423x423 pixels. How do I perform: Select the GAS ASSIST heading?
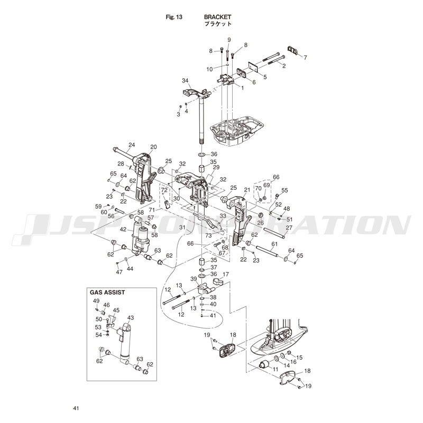click(109, 292)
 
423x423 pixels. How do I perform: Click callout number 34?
click(185, 80)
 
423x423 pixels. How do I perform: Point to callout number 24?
click(131, 145)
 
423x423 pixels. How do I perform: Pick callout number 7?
click(305, 57)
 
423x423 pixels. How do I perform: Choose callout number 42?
click(123, 229)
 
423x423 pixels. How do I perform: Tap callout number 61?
click(274, 244)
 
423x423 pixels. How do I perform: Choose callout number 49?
click(96, 301)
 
